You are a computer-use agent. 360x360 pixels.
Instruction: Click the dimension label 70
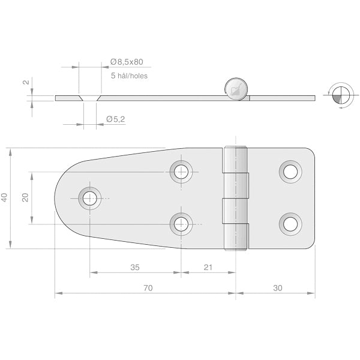tap(148, 288)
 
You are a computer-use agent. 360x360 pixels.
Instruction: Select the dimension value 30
tap(277, 288)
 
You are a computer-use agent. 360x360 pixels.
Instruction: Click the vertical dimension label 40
tap(4, 198)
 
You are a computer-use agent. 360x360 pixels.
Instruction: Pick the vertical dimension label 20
tap(25, 198)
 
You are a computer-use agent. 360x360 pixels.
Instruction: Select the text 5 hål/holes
tap(129, 76)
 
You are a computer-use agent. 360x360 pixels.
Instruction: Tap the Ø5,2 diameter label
tap(115, 119)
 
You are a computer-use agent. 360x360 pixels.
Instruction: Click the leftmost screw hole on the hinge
tap(90, 198)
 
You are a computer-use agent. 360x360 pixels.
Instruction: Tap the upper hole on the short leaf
tap(290, 172)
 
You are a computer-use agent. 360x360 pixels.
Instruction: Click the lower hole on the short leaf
tap(290, 224)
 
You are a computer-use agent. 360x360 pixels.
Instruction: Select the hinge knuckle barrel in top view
tap(236, 198)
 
